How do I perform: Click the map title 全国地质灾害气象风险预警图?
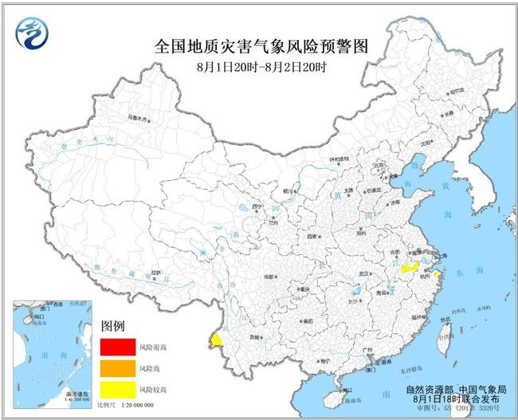coord(260,47)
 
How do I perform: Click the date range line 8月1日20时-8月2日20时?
coord(260,67)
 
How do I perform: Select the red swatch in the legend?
coord(117,347)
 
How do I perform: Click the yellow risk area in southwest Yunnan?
coord(215,341)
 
